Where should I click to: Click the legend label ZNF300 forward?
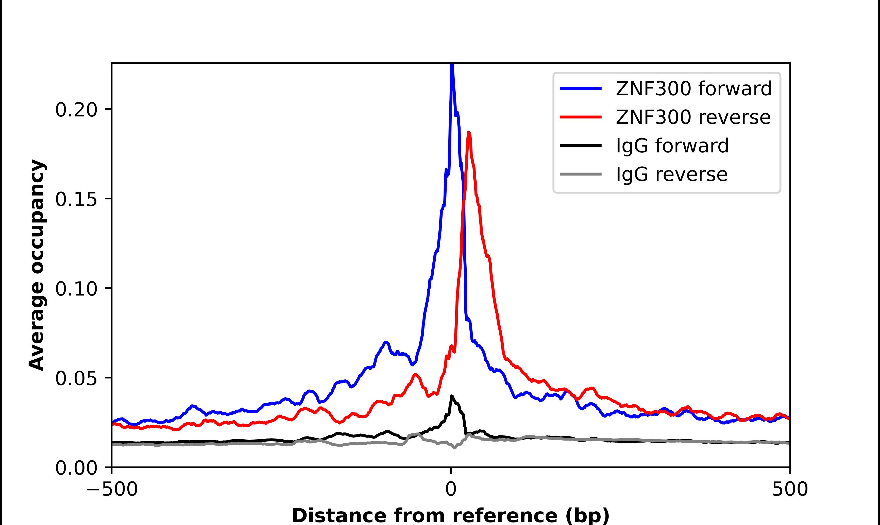pos(693,89)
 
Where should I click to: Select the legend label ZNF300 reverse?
pos(693,117)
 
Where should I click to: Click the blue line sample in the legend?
pos(580,89)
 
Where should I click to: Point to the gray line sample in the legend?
pos(580,174)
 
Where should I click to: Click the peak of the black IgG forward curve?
pos(451,396)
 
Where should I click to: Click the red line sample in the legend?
pos(580,117)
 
